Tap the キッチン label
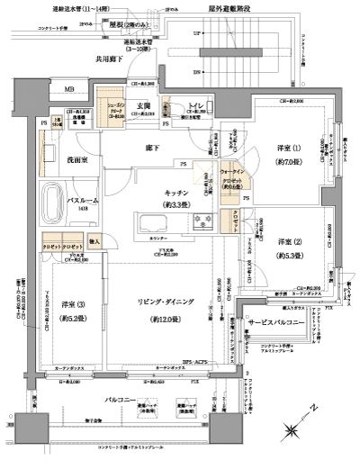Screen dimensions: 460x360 [174, 192]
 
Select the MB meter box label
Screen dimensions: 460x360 [68, 90]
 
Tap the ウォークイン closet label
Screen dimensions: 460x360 [231, 171]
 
